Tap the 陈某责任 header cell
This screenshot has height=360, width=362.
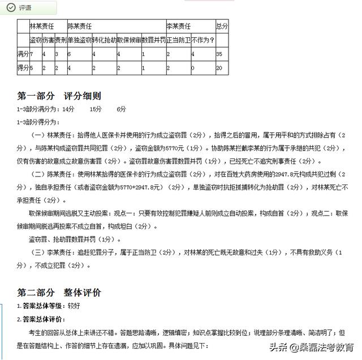tap(80, 27)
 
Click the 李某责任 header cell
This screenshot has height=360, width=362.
tap(178, 27)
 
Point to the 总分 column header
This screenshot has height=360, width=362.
tap(221, 27)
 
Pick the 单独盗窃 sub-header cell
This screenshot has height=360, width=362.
tap(79, 41)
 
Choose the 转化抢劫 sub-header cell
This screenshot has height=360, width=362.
tap(104, 41)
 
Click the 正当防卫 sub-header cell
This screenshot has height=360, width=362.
tap(178, 41)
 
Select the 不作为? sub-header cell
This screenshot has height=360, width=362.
tap(202, 41)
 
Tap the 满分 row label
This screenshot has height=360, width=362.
tap(23, 54)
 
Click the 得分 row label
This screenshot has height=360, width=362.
tap(23, 67)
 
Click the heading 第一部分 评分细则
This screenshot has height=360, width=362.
tap(59, 96)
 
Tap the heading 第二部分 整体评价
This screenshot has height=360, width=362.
tap(59, 292)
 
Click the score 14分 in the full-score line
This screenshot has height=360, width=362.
tap(68, 109)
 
